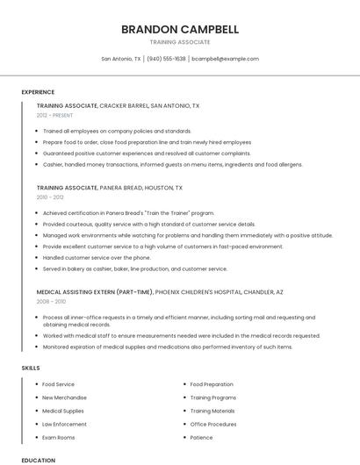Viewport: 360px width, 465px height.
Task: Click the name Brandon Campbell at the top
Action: pyautogui.click(x=179, y=29)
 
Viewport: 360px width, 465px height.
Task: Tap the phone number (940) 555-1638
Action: pyautogui.click(x=166, y=59)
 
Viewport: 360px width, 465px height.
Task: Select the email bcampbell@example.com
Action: pyautogui.click(x=226, y=59)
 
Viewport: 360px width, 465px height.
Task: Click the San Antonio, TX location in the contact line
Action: pyautogui.click(x=121, y=59)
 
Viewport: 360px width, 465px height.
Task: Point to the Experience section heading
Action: pyautogui.click(x=38, y=92)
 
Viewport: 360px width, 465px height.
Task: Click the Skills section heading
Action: pyautogui.click(x=31, y=368)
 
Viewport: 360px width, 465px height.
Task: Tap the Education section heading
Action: pyautogui.click(x=38, y=460)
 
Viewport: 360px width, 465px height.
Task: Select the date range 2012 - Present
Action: pyautogui.click(x=55, y=115)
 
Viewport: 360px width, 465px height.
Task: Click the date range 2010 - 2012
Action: pyautogui.click(x=50, y=197)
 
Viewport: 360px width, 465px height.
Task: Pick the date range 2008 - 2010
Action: pyautogui.click(x=50, y=301)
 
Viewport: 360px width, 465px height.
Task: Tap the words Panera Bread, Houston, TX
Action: pyautogui.click(x=141, y=188)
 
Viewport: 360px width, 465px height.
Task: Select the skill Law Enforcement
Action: pyautogui.click(x=64, y=424)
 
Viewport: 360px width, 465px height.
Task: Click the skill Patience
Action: pyautogui.click(x=201, y=437)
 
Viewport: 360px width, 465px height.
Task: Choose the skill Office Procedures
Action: pyautogui.click(x=213, y=424)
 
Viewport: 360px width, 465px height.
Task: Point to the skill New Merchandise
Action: pyautogui.click(x=64, y=397)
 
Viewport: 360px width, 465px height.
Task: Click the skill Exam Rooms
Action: pyautogui.click(x=59, y=437)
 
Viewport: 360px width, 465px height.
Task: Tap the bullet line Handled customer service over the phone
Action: pyautogui.click(x=97, y=258)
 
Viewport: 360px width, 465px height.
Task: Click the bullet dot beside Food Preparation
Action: pyautogui.click(x=184, y=384)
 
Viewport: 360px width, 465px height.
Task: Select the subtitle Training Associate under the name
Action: pyautogui.click(x=179, y=42)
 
